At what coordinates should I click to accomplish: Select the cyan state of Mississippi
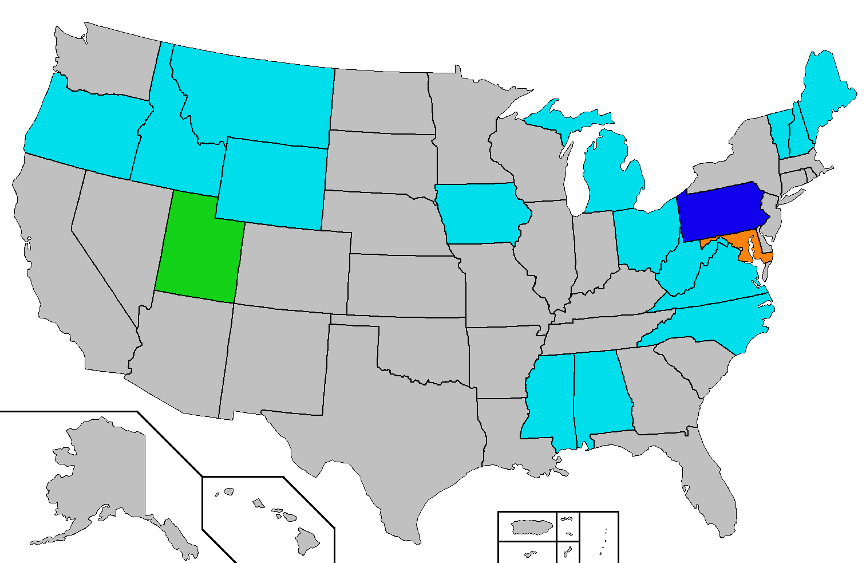[549, 401]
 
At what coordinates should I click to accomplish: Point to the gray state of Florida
[710, 487]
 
